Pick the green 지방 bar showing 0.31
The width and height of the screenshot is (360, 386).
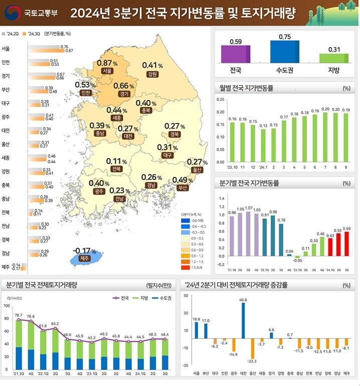click(x=333, y=57)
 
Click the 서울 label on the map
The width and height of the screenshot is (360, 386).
click(x=106, y=71)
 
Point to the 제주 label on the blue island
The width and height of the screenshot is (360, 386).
click(x=84, y=259)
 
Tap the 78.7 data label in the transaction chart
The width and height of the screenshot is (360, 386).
click(x=19, y=315)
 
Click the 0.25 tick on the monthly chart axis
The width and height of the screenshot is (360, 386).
click(x=221, y=99)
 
